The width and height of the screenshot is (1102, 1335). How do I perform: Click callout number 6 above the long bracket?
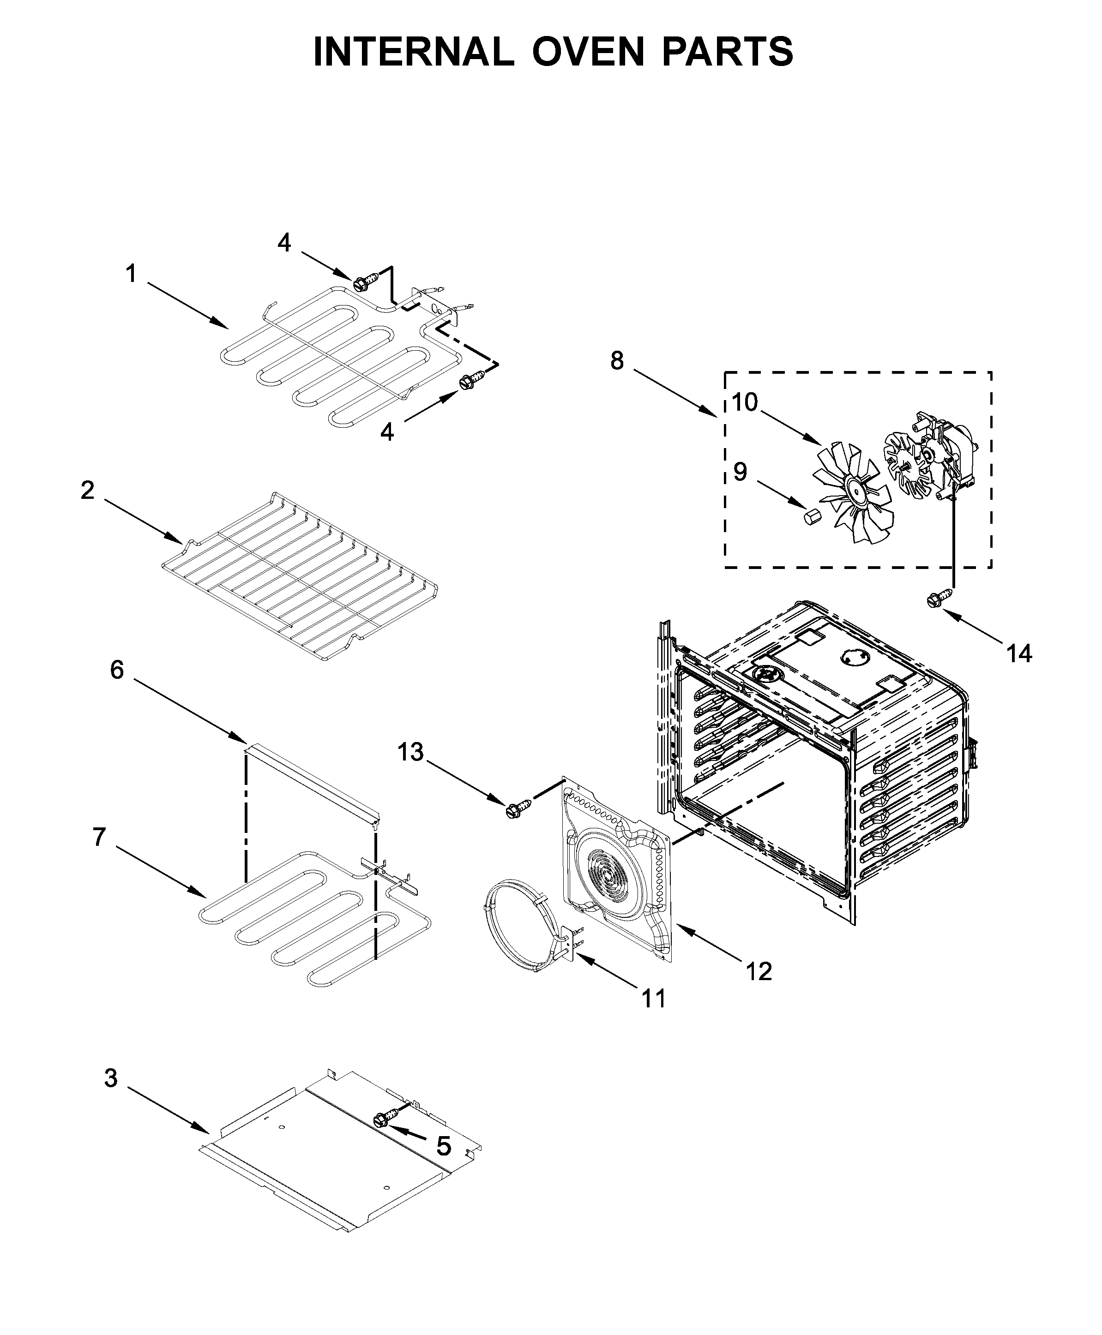[117, 670]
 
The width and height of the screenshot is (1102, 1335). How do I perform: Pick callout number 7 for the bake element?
[98, 837]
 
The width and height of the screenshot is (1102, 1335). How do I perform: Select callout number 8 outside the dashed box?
[617, 361]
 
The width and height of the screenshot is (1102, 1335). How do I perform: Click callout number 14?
[1019, 653]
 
